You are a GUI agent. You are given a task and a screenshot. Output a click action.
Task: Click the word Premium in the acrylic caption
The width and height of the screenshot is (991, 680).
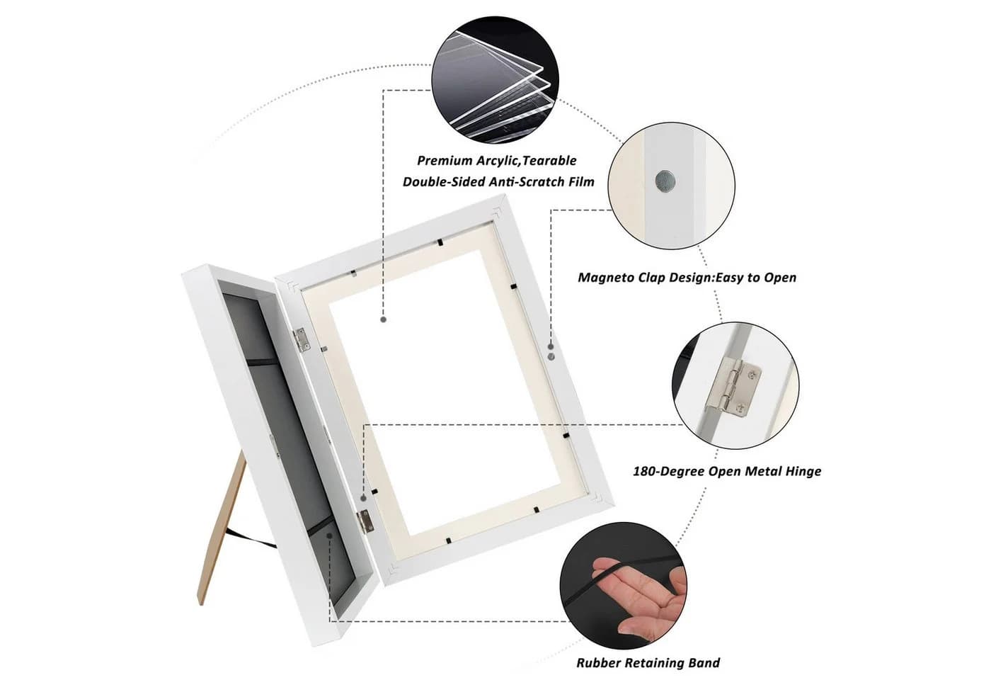445,161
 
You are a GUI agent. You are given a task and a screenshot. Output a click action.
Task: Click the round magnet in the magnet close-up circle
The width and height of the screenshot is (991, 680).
665,181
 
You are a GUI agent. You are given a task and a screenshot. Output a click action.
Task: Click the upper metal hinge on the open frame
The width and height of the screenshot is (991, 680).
300,340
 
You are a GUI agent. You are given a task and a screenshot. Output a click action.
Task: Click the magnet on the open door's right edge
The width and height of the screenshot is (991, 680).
551,356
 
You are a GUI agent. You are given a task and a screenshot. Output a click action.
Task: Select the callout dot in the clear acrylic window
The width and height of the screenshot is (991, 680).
384,319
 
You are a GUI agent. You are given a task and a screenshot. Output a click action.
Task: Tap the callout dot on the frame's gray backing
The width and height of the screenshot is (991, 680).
330,535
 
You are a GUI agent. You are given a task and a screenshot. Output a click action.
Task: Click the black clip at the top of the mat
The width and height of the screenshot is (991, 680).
440,242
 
